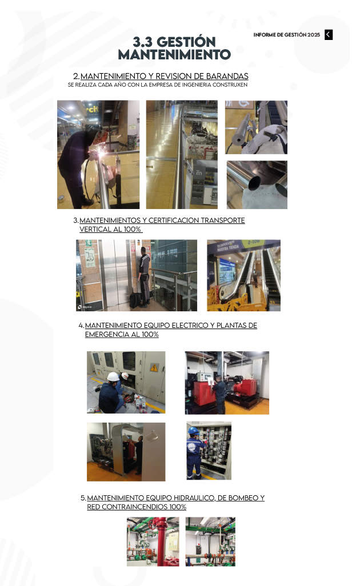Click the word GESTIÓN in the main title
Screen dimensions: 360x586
[186, 42]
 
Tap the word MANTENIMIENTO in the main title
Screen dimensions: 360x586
[174, 55]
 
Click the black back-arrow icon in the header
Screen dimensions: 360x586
[328, 35]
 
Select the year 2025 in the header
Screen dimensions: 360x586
[314, 35]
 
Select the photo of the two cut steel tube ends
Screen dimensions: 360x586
[257, 184]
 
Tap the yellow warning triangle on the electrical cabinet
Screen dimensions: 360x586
[154, 368]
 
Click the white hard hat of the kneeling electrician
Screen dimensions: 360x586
[113, 376]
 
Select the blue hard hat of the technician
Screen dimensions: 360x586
[193, 431]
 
